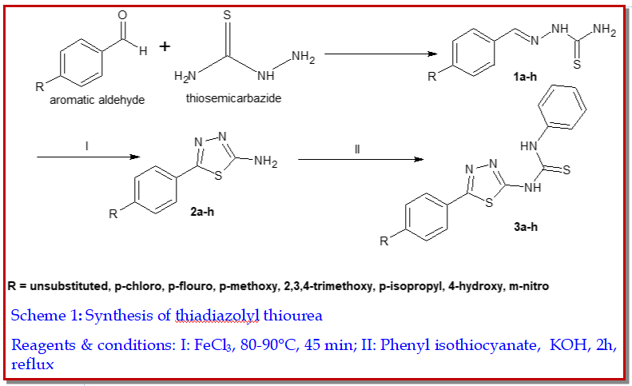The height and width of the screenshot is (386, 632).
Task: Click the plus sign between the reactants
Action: (165, 46)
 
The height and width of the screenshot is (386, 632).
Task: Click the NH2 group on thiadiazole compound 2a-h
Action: (265, 164)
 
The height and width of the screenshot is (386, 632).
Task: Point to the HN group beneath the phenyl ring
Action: (528, 146)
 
